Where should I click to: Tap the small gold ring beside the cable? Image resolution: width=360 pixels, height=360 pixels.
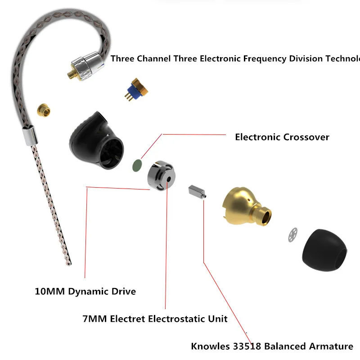(x=43, y=109)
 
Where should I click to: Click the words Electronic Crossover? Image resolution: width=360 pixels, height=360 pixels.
(x=282, y=137)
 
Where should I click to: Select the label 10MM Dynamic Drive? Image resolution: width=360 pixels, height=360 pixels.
(x=85, y=291)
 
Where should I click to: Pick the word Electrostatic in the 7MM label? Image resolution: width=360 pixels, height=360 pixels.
(x=172, y=319)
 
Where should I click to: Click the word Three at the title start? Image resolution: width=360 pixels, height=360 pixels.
(x=122, y=58)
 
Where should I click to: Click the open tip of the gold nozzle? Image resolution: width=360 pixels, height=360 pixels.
(x=267, y=216)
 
